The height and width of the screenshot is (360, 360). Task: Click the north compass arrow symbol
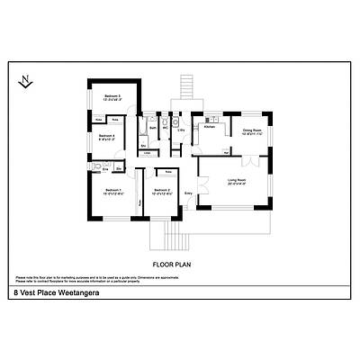[26, 81]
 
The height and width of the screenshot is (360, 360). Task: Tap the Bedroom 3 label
[112, 97]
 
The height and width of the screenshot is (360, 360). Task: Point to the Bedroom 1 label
[112, 191]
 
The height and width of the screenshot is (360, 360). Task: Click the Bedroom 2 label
[162, 191]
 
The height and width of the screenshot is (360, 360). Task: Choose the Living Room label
[237, 183]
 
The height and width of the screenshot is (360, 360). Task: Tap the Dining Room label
[250, 130]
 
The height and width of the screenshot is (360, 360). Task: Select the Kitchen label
[209, 129]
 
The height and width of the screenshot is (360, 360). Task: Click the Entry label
[189, 193]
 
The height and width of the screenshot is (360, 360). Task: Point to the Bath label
[154, 129]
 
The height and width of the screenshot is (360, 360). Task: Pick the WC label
[166, 129]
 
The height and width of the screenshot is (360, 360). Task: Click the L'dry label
[181, 130]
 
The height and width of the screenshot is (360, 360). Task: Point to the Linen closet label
[148, 153]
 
